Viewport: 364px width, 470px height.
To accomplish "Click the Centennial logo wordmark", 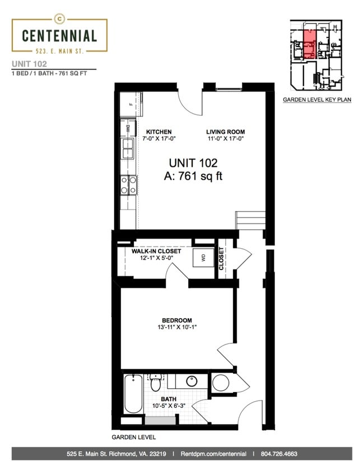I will [x=59, y=36].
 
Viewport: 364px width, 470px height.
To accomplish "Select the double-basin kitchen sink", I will [x=128, y=149].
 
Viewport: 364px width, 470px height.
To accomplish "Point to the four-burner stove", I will [x=128, y=185].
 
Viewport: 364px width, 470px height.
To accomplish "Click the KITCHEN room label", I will [x=155, y=132].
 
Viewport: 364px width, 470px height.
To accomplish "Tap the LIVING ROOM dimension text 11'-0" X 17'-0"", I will [x=226, y=139].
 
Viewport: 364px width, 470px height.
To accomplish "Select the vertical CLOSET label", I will [x=221, y=259].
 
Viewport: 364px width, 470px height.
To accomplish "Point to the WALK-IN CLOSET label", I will [x=156, y=252].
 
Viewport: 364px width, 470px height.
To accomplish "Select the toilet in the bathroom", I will [x=155, y=384].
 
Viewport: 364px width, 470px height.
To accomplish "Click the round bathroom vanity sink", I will [x=191, y=381].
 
